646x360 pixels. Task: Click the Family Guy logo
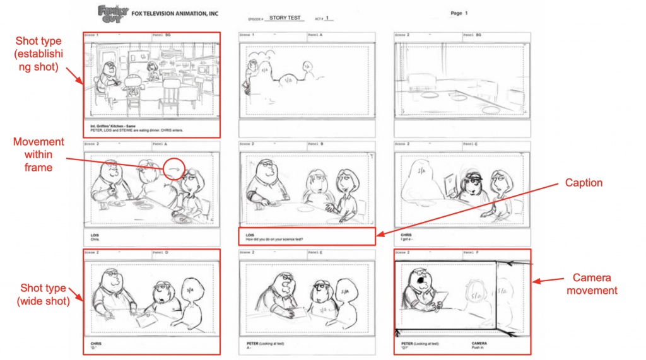point(112,12)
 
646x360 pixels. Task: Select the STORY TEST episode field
point(286,18)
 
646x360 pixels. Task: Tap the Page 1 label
point(459,13)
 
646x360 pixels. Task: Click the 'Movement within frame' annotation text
point(39,155)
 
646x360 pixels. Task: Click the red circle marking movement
point(174,168)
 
